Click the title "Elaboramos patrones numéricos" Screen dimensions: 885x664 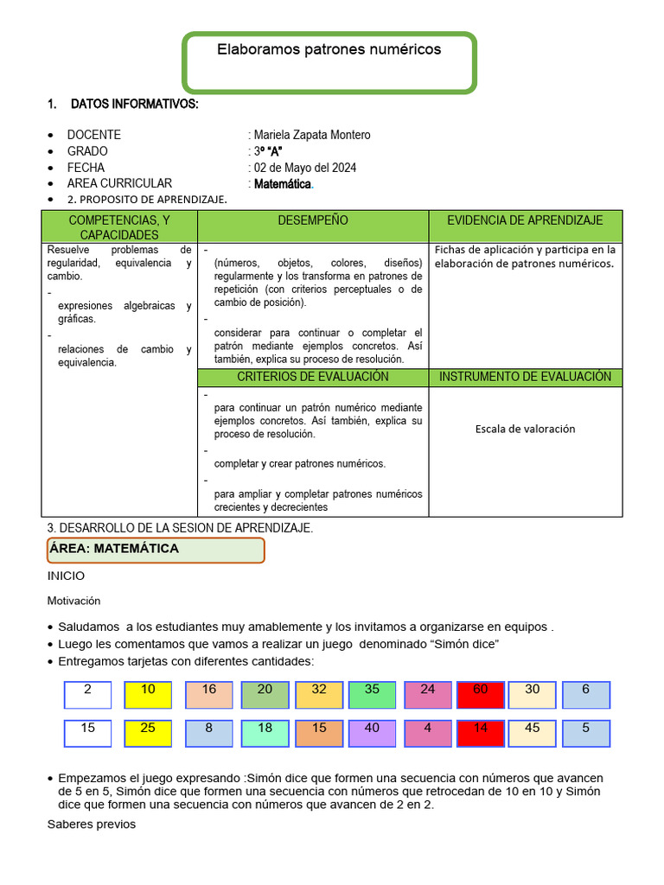click(329, 50)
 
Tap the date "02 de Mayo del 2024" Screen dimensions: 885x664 click(305, 168)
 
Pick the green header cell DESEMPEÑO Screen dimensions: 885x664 click(313, 221)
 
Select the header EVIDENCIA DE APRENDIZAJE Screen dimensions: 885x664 click(525, 221)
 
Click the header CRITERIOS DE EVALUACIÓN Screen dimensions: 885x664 click(313, 377)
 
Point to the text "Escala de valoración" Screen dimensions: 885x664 click(525, 429)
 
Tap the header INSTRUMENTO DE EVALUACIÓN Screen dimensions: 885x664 click(525, 377)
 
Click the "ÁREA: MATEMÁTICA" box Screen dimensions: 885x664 click(156, 550)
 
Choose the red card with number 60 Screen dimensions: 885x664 click(480, 695)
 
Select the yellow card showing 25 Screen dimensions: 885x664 click(148, 733)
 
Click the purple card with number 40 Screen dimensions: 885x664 click(372, 733)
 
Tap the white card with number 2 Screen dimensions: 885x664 click(87, 695)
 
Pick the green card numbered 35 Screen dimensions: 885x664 click(372, 695)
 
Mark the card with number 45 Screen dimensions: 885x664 click(533, 733)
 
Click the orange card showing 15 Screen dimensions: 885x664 click(319, 733)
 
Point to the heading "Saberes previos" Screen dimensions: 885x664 click(91, 825)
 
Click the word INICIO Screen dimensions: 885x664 click(67, 576)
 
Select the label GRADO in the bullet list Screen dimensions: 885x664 click(87, 151)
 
